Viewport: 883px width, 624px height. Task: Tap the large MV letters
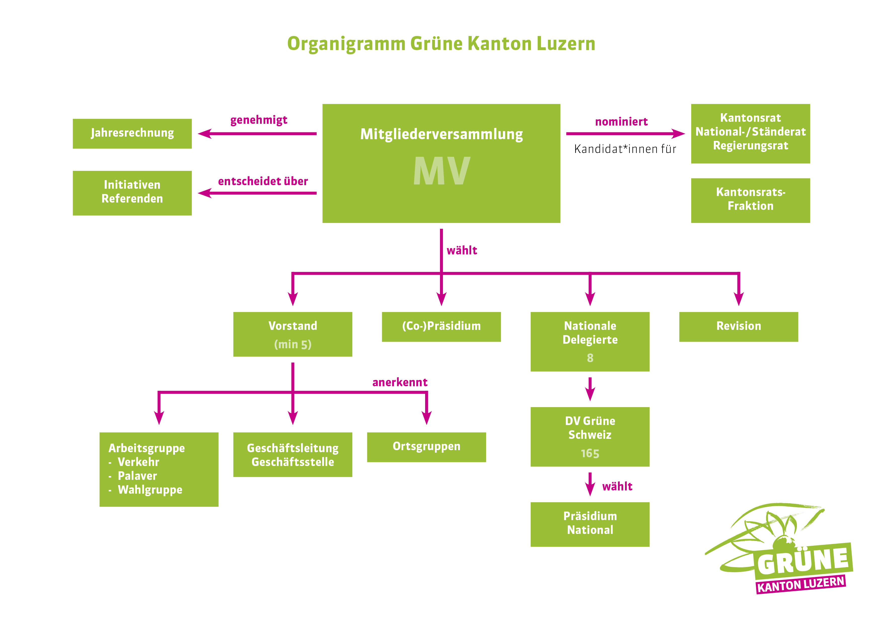pos(441,171)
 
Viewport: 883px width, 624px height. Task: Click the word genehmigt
pos(259,120)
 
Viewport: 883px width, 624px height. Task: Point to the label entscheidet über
pos(263,181)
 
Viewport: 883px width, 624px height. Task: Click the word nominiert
pos(621,122)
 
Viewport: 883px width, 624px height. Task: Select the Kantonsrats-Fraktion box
pos(750,200)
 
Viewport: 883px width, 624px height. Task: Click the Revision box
pos(739,326)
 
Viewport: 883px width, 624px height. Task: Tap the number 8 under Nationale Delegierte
pos(590,358)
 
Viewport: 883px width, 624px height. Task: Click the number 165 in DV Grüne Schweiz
pos(590,453)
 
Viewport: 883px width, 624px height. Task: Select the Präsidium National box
pos(590,524)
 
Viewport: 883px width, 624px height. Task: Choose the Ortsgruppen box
pos(426,447)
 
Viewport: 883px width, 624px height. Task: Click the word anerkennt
pos(400,382)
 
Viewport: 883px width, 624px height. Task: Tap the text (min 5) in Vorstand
pos(293,344)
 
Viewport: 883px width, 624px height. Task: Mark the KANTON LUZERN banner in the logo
pos(801,584)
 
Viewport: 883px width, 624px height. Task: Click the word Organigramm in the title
pos(346,44)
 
